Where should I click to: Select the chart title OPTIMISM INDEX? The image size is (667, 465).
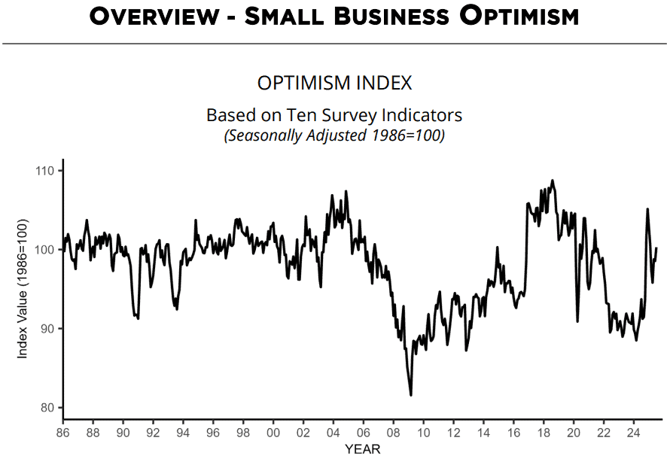pos(334,83)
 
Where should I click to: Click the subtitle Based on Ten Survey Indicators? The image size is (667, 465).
pos(334,115)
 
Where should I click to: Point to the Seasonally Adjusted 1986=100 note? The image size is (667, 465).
pos(334,136)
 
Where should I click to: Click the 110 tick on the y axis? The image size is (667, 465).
pos(47,171)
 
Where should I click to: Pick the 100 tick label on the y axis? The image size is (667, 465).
pos(47,250)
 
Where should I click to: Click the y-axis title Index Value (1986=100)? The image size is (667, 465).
pos(23,289)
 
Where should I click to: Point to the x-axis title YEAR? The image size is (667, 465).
pos(362,450)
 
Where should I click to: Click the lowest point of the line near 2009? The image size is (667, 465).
pos(411,395)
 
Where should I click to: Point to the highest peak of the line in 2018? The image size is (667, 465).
pos(553,181)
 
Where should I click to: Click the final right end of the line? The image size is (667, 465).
pos(656,248)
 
